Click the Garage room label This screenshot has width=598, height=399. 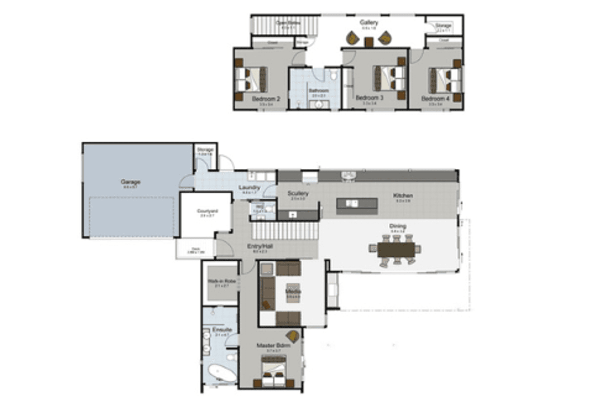131,182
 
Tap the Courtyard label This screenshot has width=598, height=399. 207,211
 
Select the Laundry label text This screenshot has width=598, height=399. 249,187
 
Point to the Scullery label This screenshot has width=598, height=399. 298,193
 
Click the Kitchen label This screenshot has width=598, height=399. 403,196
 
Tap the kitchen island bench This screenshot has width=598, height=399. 357,206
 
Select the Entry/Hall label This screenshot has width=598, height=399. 260,246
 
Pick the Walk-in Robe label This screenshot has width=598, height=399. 221,281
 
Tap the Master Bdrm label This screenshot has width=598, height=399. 273,345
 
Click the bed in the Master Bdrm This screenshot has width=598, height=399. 273,371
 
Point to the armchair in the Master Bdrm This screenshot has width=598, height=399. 292,336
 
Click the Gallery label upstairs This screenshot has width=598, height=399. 369,22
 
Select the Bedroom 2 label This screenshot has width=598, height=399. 266,99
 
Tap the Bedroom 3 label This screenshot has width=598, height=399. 369,98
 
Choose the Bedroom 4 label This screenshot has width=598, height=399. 435,99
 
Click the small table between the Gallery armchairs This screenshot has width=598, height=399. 369,42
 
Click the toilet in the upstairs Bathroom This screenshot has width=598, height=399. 334,75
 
